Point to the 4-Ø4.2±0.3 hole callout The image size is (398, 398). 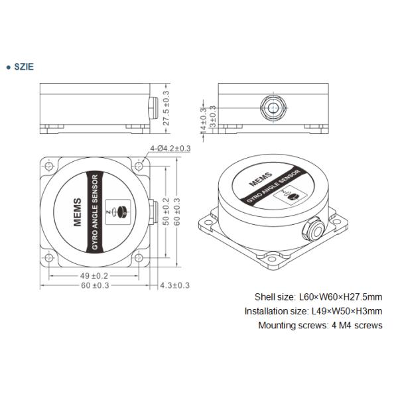[171, 149]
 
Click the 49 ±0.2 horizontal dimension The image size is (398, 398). [92, 275]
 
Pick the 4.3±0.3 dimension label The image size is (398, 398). [174, 285]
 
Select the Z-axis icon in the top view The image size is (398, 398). [120, 210]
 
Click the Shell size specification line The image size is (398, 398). [318, 297]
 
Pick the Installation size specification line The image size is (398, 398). [313, 311]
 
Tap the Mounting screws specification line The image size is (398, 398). [320, 326]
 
